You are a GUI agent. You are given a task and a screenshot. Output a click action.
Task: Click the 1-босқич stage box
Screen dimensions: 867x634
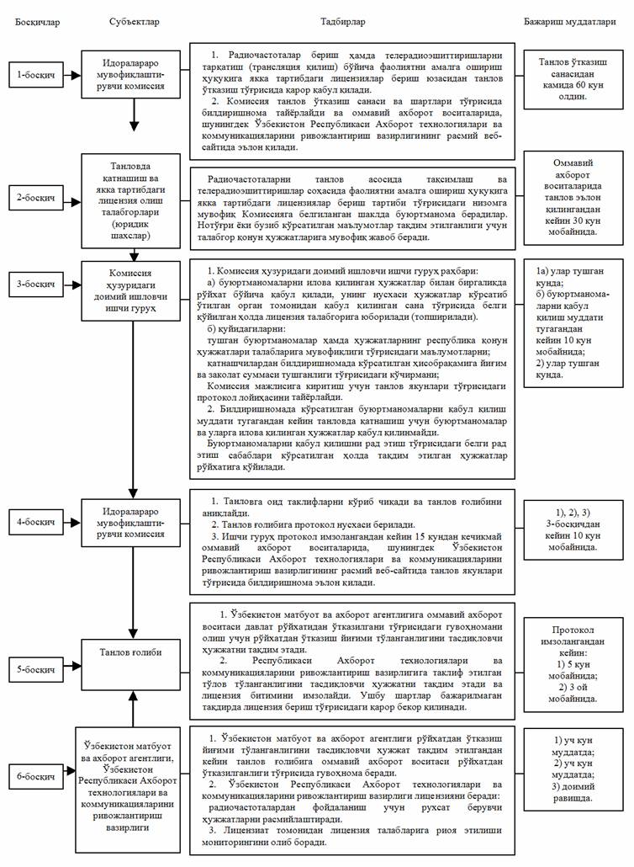coord(37,75)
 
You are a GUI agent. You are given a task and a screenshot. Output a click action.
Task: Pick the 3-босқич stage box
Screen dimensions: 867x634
coord(37,284)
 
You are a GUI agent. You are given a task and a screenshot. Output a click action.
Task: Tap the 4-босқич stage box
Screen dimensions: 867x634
coord(37,522)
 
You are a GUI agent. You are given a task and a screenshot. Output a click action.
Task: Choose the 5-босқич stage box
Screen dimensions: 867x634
coord(37,670)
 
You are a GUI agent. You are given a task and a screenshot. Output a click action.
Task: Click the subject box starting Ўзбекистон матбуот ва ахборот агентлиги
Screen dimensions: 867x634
coord(133,781)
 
